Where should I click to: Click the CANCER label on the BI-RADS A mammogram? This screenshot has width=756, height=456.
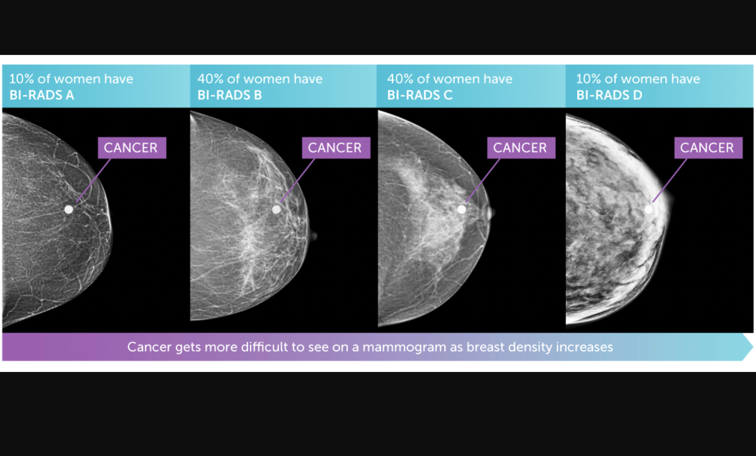(132, 148)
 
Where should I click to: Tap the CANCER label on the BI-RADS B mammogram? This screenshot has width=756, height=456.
(336, 148)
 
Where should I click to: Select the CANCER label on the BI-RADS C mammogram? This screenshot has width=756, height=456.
(521, 148)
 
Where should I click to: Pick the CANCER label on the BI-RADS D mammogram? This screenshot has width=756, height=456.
(708, 148)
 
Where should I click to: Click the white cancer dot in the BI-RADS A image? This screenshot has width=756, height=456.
(69, 210)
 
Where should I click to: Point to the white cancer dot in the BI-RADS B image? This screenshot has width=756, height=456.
(277, 210)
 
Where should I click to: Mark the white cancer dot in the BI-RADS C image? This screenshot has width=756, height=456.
(462, 210)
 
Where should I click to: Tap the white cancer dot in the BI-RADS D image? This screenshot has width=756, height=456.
(649, 210)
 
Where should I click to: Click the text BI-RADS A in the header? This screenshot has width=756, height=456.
(42, 95)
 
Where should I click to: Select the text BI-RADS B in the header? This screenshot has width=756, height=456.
(230, 95)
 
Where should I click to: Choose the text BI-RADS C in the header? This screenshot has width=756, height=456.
(420, 95)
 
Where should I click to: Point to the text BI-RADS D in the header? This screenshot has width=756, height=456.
(609, 95)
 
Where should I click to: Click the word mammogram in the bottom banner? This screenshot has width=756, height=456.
(404, 347)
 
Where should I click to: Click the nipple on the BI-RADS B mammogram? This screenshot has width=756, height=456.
(314, 236)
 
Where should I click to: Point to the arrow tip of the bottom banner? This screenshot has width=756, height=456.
(752, 347)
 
